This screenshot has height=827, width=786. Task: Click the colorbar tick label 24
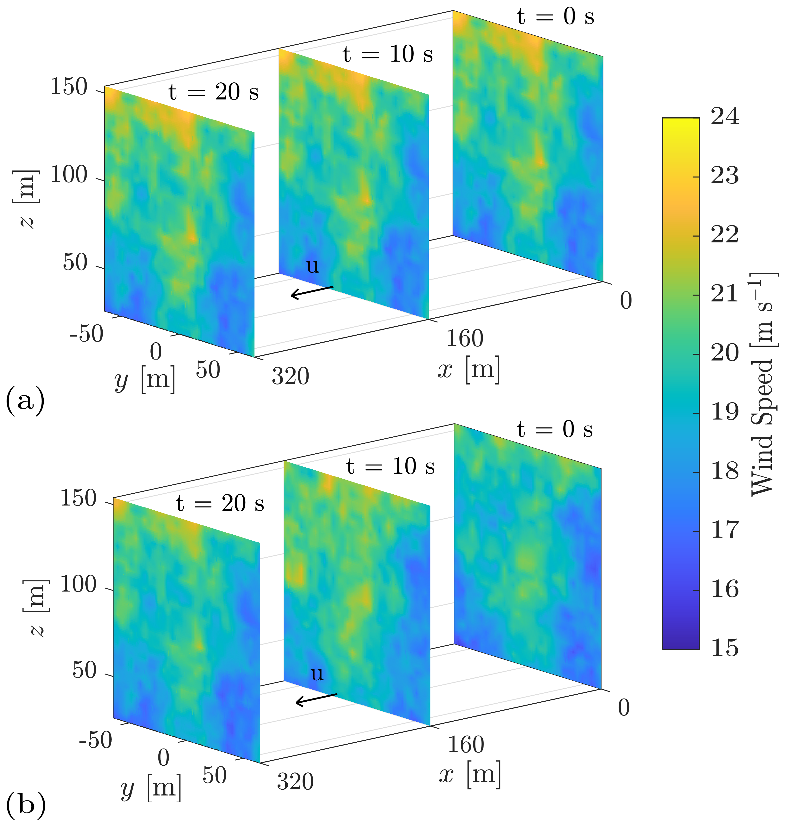[725, 117]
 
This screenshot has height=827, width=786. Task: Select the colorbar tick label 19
[725, 412]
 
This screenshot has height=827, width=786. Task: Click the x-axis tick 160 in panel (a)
[465, 338]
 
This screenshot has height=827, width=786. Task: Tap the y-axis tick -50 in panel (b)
[96, 740]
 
